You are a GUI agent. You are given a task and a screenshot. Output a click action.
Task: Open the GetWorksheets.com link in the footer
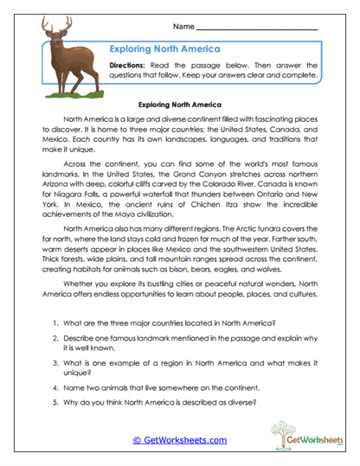tap(180, 440)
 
